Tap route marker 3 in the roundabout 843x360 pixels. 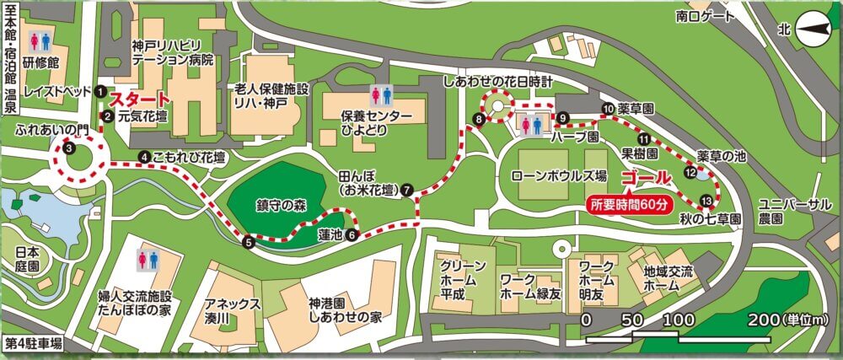(69, 148)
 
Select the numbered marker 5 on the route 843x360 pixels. (248, 243)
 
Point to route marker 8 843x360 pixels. (478, 120)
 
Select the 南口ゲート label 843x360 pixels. (706, 15)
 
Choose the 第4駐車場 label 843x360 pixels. (34, 343)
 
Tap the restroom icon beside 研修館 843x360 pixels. (39, 40)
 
